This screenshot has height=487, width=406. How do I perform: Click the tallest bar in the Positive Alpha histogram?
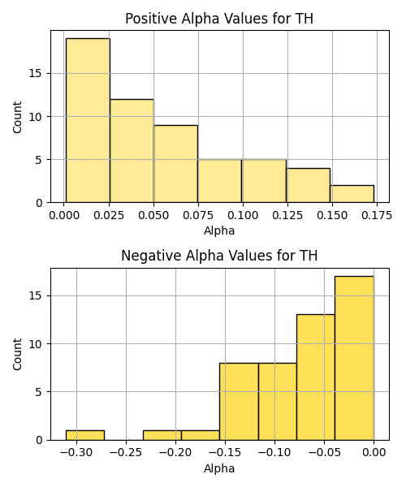point(88,120)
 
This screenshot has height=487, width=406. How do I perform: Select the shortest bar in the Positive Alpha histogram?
point(352,194)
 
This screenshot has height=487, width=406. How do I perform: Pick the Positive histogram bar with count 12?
point(132,151)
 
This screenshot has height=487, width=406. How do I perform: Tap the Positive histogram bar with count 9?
point(176,164)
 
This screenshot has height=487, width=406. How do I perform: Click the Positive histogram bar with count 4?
point(308,185)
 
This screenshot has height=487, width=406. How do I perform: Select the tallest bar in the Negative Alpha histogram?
point(354,358)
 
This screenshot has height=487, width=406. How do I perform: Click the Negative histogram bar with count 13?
point(316,377)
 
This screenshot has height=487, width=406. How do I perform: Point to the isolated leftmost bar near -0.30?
point(85,435)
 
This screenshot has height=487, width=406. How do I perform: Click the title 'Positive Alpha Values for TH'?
point(219,19)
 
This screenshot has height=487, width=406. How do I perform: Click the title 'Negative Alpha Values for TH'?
point(219,256)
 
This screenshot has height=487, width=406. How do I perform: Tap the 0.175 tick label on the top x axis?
point(377,215)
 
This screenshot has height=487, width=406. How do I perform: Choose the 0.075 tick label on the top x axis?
point(198,215)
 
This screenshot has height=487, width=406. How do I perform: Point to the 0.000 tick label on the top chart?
point(64,215)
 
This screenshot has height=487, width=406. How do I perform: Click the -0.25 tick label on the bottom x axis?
point(126,453)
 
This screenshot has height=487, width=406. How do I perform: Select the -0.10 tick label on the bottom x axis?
point(274,453)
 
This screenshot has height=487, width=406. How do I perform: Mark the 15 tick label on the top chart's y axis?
point(36,74)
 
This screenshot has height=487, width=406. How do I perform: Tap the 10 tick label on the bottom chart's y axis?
point(36,344)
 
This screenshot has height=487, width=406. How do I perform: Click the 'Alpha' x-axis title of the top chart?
point(219,231)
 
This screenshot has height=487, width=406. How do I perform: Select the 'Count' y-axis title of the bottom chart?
point(17,354)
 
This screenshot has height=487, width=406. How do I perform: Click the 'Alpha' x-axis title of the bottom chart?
point(219,468)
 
